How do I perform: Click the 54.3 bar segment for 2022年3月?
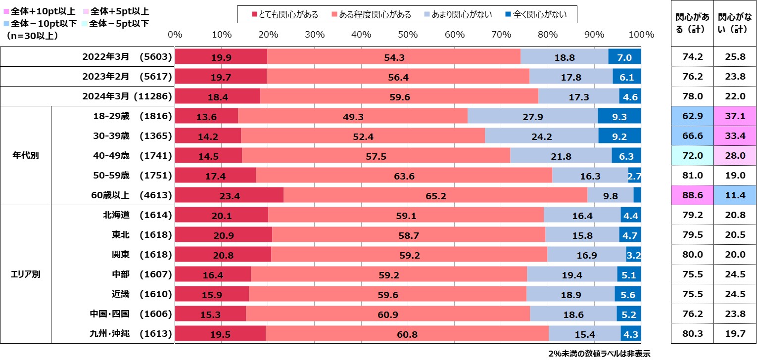click(394, 57)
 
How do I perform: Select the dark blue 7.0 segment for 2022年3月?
click(624, 57)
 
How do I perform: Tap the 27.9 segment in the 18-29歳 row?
click(532, 116)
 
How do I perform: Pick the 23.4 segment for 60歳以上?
click(230, 196)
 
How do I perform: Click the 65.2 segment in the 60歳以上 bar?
click(435, 196)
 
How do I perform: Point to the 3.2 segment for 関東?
click(633, 255)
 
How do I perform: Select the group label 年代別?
click(26, 156)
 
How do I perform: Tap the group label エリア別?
click(26, 274)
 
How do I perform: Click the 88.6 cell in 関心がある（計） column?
click(691, 196)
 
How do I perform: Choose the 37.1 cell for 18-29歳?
click(734, 116)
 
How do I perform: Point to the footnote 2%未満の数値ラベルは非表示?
click(599, 354)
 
